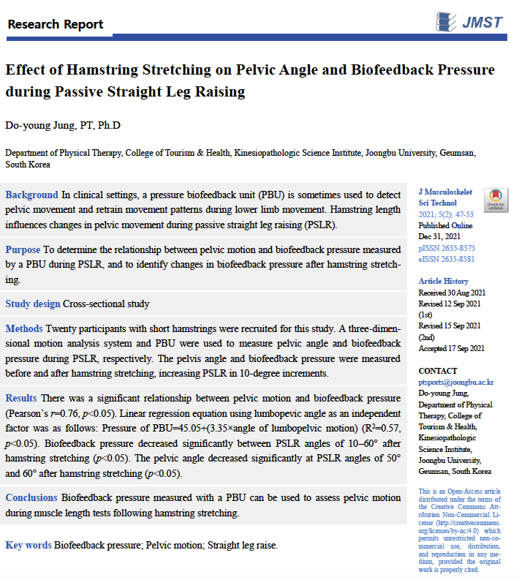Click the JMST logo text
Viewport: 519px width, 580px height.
tap(482, 22)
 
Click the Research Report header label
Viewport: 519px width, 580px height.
tap(56, 24)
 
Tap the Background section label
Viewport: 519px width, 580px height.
tap(31, 195)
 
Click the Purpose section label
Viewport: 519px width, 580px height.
tap(23, 249)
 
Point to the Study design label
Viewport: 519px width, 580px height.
tap(32, 304)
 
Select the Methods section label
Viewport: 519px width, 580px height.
tap(24, 328)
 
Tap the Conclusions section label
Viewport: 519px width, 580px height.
tap(31, 497)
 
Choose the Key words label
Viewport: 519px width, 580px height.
tap(28, 545)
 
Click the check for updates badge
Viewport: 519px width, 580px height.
tap(496, 200)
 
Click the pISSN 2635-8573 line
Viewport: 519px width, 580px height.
tap(446, 249)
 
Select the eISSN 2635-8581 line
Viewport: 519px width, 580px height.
tap(446, 259)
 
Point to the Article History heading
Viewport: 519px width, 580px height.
tap(443, 282)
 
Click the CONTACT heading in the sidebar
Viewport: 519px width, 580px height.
tap(437, 371)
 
